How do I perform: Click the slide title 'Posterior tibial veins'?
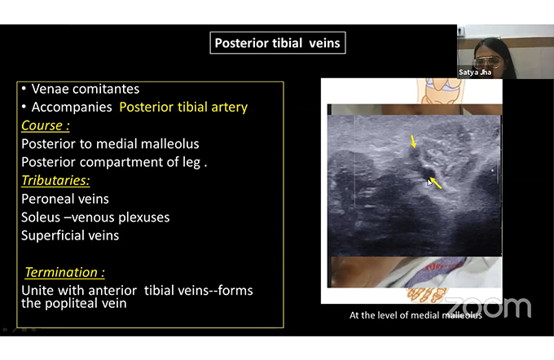click(x=277, y=42)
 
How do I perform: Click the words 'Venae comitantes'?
click(x=86, y=89)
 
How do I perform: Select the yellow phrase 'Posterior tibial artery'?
click(x=183, y=107)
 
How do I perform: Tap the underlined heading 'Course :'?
click(x=46, y=125)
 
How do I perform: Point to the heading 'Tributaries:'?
click(x=55, y=180)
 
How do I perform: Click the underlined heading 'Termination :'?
click(x=64, y=272)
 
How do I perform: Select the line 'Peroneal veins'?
click(x=65, y=199)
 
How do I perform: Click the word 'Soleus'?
click(x=41, y=217)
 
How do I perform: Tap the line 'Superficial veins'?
click(x=70, y=235)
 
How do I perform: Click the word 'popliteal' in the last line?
click(x=71, y=303)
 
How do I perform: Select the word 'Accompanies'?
click(x=72, y=107)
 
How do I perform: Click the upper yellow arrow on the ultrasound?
click(x=413, y=142)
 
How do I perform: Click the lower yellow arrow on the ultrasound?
click(x=436, y=183)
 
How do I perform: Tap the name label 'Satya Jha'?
click(x=475, y=72)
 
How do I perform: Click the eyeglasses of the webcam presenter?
click(x=487, y=63)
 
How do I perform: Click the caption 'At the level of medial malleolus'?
click(x=415, y=315)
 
